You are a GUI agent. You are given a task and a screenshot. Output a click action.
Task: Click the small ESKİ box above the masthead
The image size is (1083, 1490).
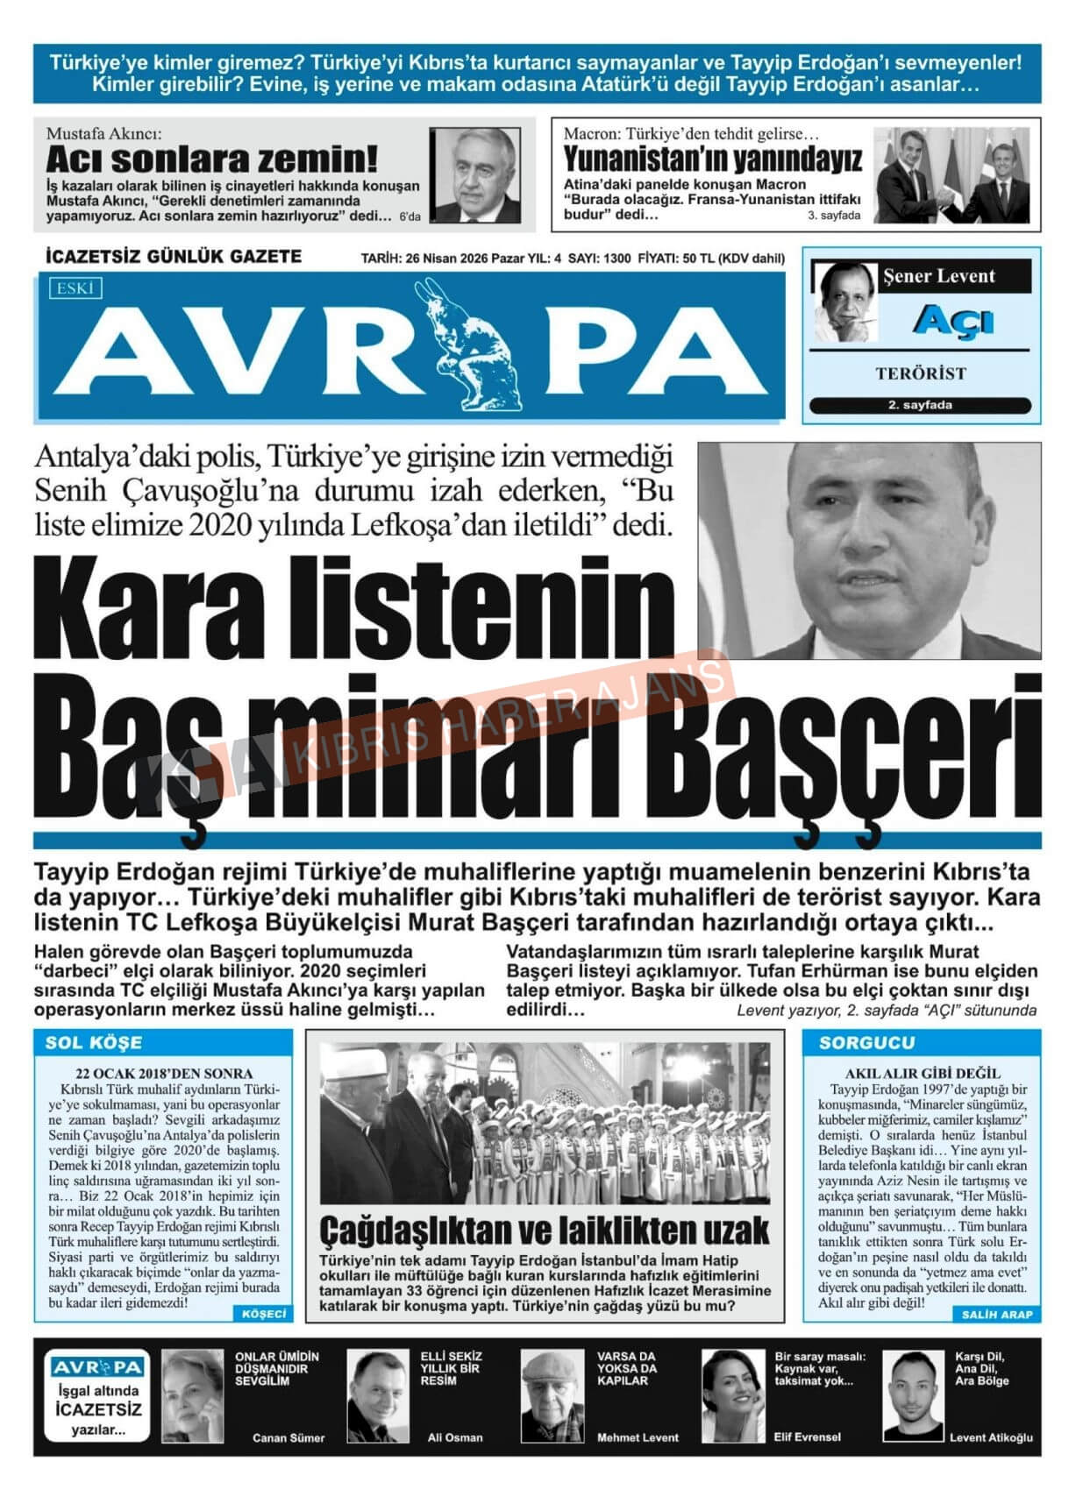[76, 287]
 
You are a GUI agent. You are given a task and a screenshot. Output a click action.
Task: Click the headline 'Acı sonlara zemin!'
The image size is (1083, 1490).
[211, 160]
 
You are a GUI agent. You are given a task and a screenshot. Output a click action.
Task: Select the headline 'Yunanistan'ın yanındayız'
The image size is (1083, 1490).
[712, 160]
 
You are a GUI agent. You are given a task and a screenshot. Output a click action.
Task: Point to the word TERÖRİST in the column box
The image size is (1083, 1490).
[920, 373]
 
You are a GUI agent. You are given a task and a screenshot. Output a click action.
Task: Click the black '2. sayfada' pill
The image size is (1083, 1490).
[920, 405]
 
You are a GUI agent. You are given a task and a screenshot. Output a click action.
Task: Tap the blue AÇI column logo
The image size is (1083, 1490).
[952, 321]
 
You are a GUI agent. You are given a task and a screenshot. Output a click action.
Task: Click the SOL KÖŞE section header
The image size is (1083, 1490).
[94, 1042]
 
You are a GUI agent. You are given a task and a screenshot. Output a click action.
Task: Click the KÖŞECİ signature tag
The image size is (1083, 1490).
[263, 1314]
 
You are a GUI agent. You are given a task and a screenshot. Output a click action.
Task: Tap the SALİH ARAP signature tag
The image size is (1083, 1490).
[997, 1314]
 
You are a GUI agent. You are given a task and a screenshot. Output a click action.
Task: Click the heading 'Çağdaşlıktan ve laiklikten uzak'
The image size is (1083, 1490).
[544, 1230]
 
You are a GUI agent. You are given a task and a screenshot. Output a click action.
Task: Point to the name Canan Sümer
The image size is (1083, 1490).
[288, 1437]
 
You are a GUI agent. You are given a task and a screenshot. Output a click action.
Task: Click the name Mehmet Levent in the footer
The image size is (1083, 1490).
[638, 1437]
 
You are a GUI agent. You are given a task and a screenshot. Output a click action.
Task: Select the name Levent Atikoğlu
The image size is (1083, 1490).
[991, 1437]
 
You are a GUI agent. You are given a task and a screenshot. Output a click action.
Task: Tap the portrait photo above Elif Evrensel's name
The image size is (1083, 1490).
[733, 1394]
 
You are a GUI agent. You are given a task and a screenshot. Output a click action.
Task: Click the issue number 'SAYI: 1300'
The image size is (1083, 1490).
[600, 259]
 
